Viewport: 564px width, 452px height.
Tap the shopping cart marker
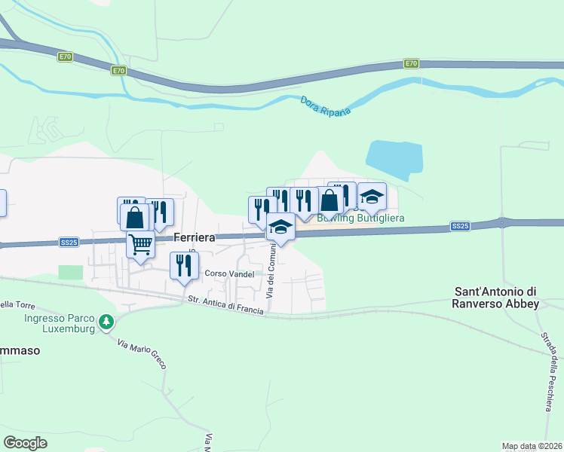point(140,244)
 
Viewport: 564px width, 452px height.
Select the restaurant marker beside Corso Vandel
point(184,265)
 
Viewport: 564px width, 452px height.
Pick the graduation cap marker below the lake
point(371,197)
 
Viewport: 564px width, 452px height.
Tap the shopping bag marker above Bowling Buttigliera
point(330,201)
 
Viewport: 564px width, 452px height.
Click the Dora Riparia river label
point(326,106)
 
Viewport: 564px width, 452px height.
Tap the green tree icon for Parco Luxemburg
point(107,322)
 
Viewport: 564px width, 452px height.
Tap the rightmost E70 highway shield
point(411,63)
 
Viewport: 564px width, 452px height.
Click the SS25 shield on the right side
point(460,226)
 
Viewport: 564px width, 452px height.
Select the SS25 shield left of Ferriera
point(69,242)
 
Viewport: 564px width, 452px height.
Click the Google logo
point(25,443)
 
